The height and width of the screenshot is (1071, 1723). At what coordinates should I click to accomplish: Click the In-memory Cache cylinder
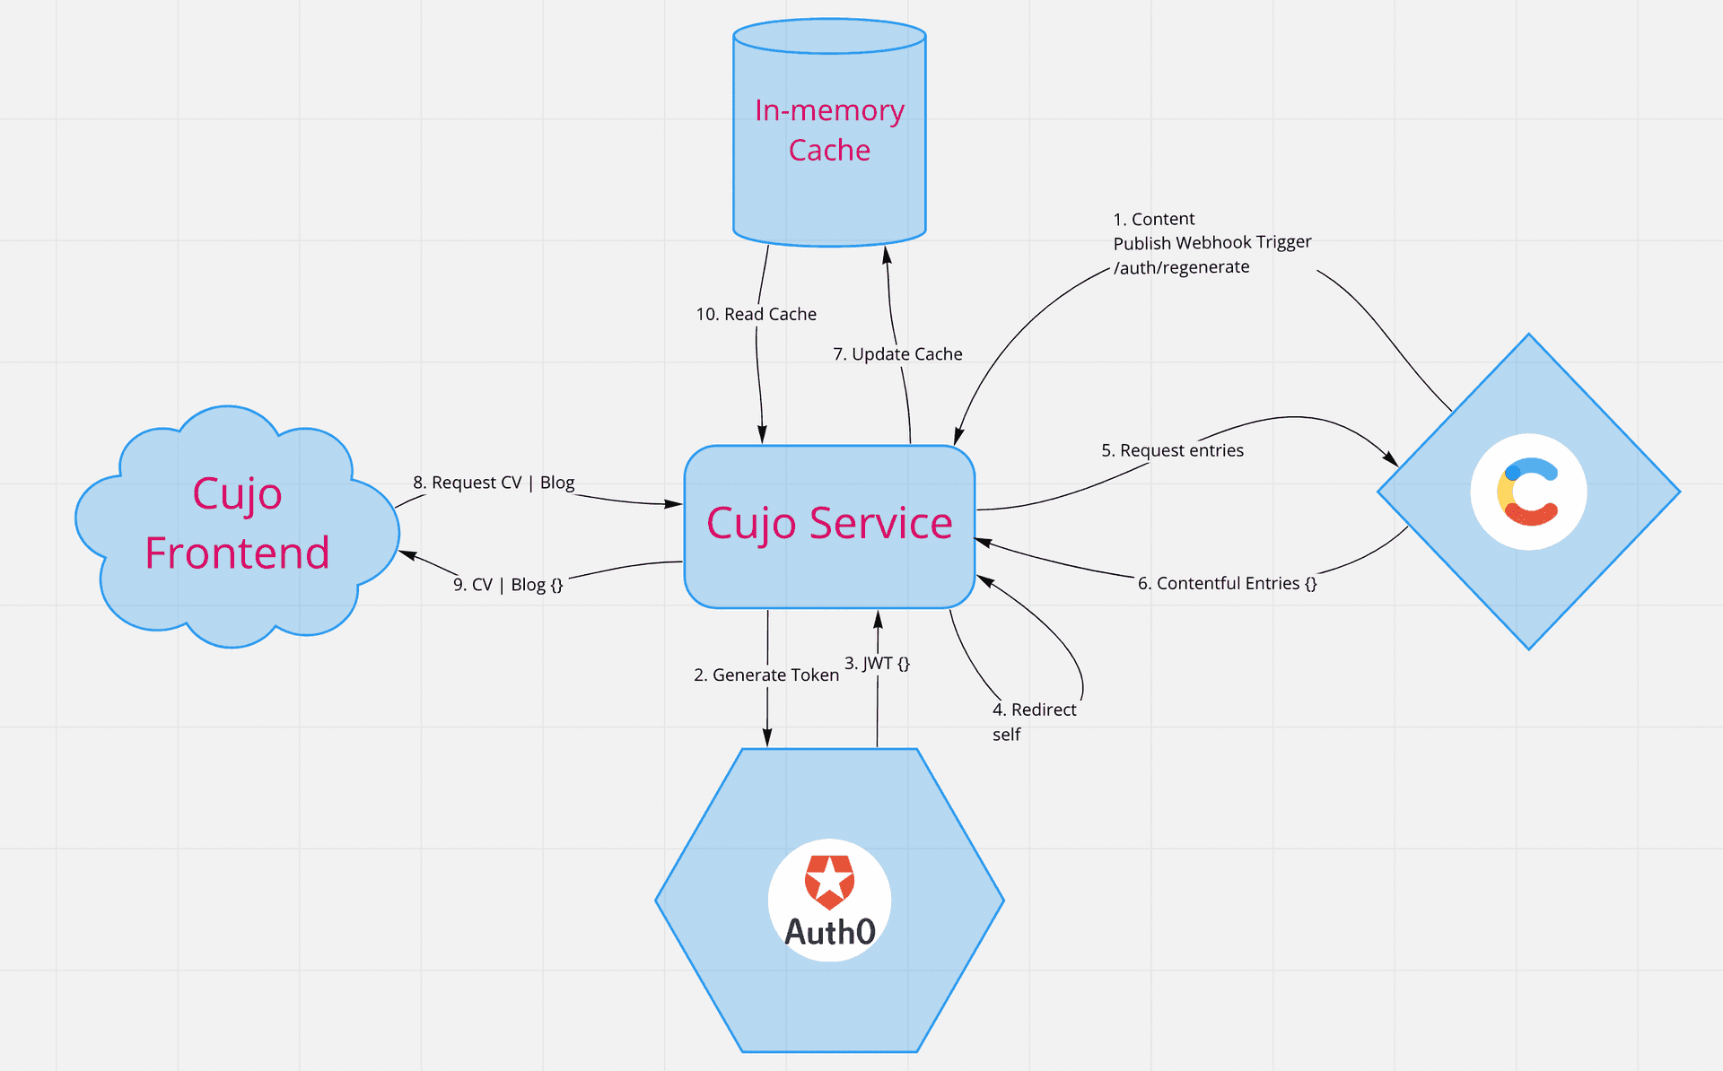[x=829, y=135]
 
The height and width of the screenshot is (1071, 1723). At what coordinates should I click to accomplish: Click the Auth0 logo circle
[x=829, y=900]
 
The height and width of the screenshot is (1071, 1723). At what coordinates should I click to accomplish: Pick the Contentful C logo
[x=1528, y=492]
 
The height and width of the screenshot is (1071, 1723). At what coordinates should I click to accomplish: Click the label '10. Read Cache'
[x=757, y=314]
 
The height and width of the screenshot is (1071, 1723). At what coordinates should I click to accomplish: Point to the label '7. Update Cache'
[x=897, y=354]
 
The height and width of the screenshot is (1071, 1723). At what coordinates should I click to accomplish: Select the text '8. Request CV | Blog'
[x=494, y=483]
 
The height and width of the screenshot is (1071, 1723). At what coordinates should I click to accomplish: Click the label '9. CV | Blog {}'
[x=508, y=585]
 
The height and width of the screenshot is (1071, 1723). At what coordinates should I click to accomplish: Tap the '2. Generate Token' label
[x=766, y=675]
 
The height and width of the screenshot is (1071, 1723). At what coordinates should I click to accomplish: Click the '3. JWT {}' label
[x=877, y=663]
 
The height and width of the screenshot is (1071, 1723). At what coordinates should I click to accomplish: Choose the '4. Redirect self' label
[x=1034, y=721]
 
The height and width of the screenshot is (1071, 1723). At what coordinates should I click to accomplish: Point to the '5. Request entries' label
[x=1172, y=450]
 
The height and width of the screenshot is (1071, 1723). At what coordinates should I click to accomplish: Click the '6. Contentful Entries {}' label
[x=1227, y=583]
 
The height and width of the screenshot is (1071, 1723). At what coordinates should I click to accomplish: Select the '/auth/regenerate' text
[x=1181, y=267]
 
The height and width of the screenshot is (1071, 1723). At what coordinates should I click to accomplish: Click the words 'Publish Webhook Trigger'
[x=1211, y=242]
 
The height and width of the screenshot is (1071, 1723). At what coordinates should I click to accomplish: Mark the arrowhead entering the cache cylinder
[x=887, y=254]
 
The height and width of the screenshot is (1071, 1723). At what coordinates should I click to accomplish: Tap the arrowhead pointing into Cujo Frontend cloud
[x=407, y=555]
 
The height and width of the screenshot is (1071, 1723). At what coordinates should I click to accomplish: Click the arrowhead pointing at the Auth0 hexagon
[x=767, y=737]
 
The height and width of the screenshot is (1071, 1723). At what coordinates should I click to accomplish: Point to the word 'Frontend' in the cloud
[x=237, y=553]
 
